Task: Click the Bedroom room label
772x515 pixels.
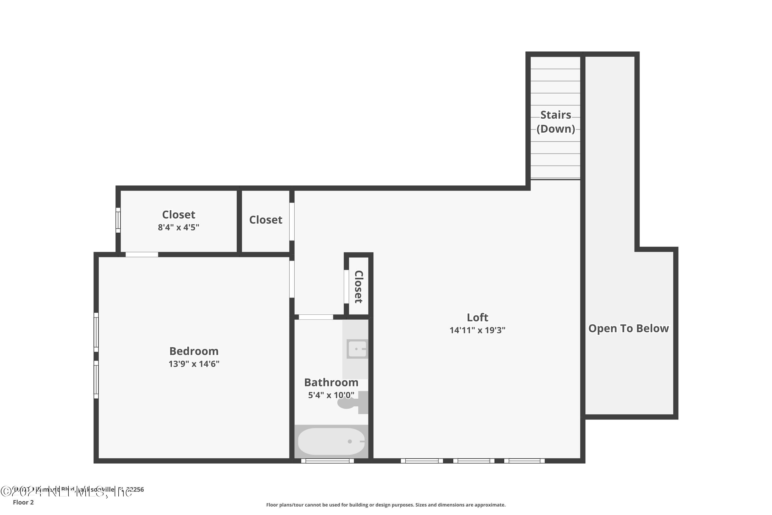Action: click(194, 351)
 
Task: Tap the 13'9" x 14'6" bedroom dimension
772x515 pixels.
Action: click(194, 364)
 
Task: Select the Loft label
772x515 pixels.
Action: click(477, 317)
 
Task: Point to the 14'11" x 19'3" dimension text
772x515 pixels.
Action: click(477, 330)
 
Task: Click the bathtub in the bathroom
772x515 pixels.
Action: click(331, 441)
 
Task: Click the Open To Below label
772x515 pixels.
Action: click(628, 329)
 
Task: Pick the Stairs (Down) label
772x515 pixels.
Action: click(555, 122)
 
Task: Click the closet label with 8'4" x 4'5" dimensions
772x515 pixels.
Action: click(179, 215)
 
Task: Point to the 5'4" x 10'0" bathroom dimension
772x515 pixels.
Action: click(331, 395)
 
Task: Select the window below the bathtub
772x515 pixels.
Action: click(327, 461)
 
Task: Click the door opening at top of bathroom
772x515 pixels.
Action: click(316, 317)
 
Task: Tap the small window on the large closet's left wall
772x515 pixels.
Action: click(118, 220)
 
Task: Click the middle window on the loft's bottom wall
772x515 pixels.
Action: click(474, 461)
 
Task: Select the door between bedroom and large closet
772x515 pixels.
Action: click(142, 255)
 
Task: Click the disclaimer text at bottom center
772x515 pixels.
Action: click(386, 505)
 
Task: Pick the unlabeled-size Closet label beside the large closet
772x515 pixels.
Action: click(266, 220)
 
